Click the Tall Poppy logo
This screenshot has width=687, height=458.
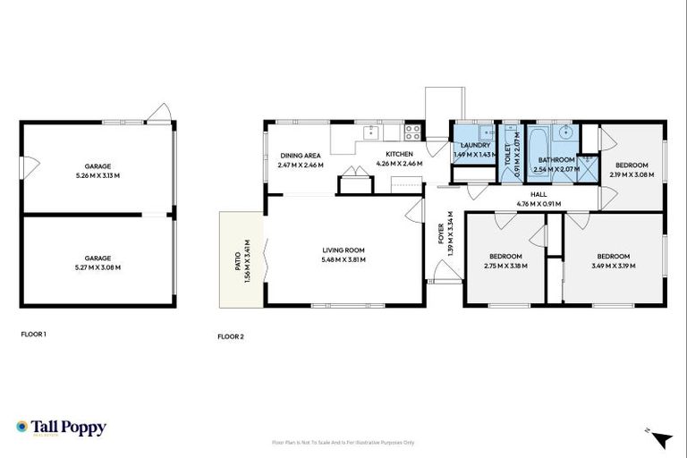point(61,428)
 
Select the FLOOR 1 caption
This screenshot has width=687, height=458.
point(33,334)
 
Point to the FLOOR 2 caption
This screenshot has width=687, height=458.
point(230,337)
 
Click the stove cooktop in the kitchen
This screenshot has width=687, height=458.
point(413,132)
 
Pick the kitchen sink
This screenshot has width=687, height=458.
point(369,133)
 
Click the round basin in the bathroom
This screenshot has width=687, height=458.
point(564,134)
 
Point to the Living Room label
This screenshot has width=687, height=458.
point(344,250)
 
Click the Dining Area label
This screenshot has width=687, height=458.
point(301,155)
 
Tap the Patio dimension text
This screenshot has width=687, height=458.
point(247,260)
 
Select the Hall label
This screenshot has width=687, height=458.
point(539,194)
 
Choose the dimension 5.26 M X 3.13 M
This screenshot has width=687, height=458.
point(98,175)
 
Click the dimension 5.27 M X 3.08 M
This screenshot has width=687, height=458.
point(98,267)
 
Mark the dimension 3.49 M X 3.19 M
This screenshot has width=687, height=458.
point(614,265)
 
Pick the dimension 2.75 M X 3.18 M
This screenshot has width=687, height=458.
point(505,265)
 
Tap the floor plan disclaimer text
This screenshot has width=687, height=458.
point(343,443)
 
